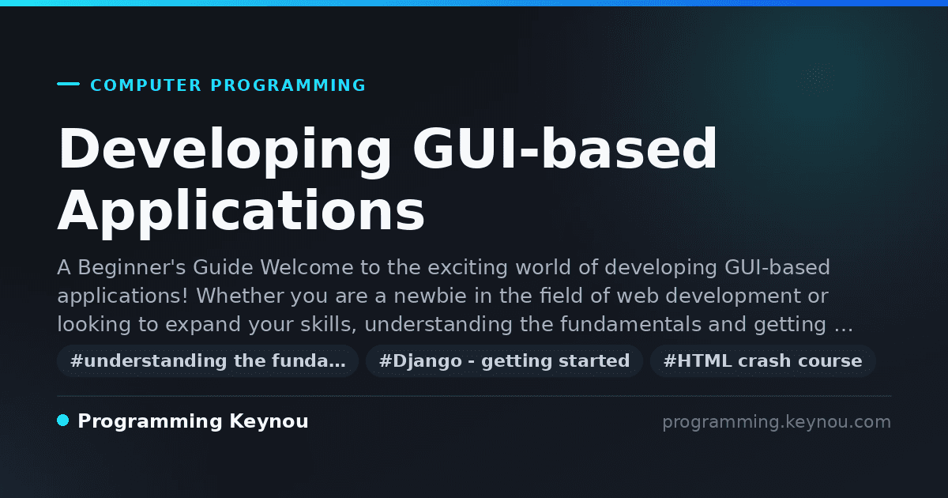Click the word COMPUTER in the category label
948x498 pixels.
[146, 85]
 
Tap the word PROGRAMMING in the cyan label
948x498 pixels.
[288, 85]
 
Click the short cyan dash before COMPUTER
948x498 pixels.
[68, 84]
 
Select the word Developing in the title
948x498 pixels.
[224, 151]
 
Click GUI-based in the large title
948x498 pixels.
[565, 149]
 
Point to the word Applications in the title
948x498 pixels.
[241, 213]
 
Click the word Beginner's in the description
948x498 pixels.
[132, 268]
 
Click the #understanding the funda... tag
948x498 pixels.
[208, 361]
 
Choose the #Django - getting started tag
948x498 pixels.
[505, 361]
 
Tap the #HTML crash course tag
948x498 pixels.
[762, 361]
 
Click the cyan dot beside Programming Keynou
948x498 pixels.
[63, 421]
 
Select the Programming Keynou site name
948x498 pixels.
[193, 421]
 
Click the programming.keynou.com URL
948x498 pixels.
[777, 422]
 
